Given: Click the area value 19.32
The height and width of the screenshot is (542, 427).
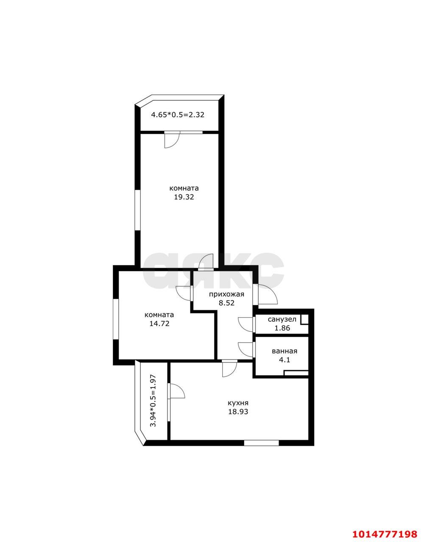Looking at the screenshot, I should (x=184, y=197).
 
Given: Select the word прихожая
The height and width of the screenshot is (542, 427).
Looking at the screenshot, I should (x=226, y=294).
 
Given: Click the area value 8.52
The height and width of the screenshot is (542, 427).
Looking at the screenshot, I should (x=226, y=303).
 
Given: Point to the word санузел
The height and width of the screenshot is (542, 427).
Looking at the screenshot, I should (x=282, y=319).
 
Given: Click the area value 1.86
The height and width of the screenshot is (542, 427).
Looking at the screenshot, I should (x=282, y=328).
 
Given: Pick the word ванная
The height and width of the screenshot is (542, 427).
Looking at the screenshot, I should (x=284, y=351).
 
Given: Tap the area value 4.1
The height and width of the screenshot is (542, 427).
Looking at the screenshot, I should (x=284, y=360).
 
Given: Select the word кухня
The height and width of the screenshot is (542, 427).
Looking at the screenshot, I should (x=238, y=403).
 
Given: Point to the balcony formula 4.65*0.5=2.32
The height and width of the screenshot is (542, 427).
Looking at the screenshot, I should (x=178, y=114).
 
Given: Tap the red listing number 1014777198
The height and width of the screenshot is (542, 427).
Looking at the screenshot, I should (x=388, y=532).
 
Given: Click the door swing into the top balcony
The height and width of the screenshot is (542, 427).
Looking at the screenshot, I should (x=171, y=141).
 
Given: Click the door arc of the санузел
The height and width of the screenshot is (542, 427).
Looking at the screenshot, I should (x=246, y=324).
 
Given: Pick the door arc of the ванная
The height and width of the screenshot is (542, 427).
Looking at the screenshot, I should (x=246, y=349).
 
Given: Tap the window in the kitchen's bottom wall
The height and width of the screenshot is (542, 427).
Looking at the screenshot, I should (x=261, y=443).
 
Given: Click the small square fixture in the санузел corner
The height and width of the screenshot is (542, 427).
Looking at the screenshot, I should (x=304, y=320).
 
